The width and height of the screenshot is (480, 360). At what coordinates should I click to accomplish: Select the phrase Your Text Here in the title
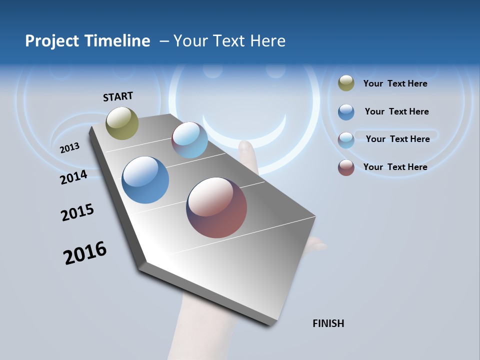pos(229,41)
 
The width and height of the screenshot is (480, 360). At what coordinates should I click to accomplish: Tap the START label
pos(118,96)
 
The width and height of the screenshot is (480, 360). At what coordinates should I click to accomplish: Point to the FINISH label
pos(328,323)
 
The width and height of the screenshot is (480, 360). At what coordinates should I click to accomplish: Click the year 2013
pos(70,147)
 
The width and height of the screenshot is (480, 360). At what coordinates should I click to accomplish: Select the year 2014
pos(74,177)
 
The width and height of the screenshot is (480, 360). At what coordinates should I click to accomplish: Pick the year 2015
pos(77,212)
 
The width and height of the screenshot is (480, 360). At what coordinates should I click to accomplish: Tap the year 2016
pos(85,253)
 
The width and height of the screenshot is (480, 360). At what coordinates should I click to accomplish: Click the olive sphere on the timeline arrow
pos(122,123)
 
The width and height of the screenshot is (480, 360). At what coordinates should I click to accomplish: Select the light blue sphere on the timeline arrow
pos(189,140)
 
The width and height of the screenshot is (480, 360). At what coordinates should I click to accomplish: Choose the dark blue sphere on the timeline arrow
pos(145,180)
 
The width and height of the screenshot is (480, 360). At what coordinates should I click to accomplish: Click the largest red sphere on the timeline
pos(216,207)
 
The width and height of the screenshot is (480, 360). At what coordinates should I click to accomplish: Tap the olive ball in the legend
pos(346,83)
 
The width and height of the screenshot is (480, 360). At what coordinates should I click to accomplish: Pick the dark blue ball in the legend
pos(346,112)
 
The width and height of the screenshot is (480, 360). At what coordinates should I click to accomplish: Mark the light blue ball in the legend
pos(346,140)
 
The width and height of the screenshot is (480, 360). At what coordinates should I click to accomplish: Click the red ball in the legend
pos(346,167)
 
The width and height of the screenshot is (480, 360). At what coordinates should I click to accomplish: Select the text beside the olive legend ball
pos(395,83)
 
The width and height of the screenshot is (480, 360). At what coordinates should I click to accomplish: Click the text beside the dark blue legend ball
pos(396,111)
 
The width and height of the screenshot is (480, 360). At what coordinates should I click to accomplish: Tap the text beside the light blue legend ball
pos(397,139)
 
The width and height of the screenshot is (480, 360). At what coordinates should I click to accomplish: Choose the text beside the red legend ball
pos(395,167)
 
